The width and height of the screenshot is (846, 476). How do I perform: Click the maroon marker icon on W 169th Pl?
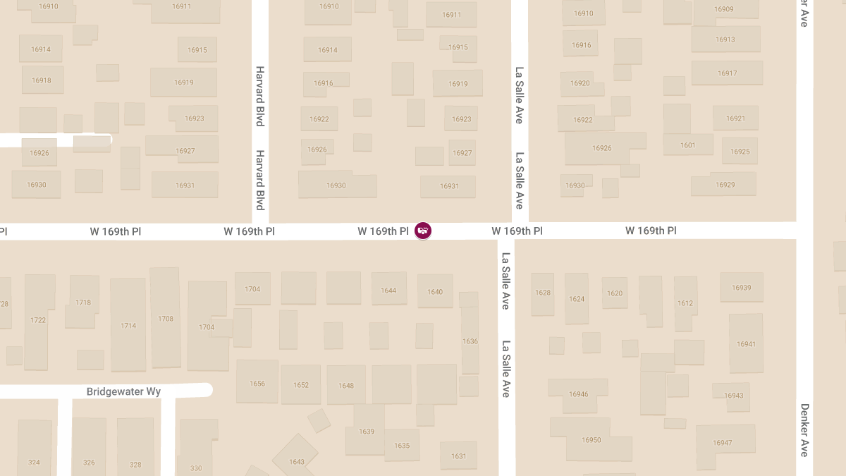(x=423, y=230)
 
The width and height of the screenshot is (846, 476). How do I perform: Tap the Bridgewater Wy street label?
(x=123, y=391)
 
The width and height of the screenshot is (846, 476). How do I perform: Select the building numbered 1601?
(x=687, y=145)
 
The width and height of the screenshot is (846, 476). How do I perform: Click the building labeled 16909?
(x=723, y=10)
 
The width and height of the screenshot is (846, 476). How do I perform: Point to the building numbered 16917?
(x=727, y=73)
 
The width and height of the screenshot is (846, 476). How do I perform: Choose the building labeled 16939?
(x=741, y=288)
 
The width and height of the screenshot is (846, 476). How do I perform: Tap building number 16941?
(x=745, y=344)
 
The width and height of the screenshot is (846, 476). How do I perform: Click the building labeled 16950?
(x=591, y=439)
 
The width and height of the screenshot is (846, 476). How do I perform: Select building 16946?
(x=578, y=394)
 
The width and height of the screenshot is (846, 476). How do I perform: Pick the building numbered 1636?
(x=470, y=341)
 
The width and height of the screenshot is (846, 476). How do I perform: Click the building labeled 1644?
(x=388, y=290)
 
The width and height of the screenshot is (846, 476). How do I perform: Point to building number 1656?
(x=257, y=384)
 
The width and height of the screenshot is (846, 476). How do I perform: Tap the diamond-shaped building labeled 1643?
(x=297, y=461)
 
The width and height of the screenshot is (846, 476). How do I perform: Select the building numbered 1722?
(x=38, y=320)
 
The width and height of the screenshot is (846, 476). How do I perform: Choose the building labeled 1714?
(x=128, y=325)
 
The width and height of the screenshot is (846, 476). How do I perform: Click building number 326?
(x=89, y=463)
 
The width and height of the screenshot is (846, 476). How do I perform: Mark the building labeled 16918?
(x=42, y=80)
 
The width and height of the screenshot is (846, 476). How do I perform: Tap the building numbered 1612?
(x=685, y=303)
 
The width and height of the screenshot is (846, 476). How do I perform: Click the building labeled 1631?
(x=458, y=456)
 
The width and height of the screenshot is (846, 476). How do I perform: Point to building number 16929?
(x=725, y=185)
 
